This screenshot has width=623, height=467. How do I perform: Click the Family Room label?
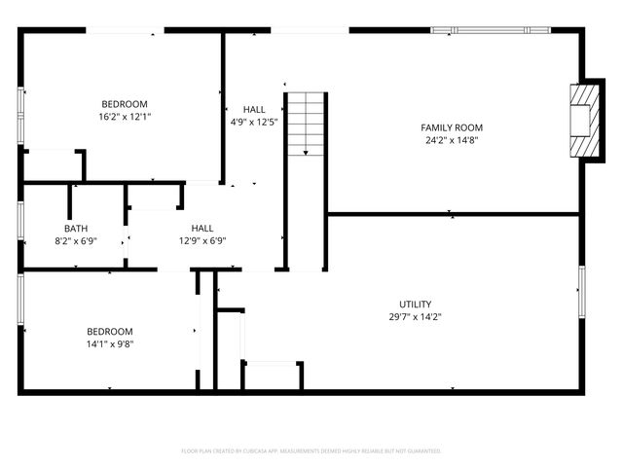click(451, 127)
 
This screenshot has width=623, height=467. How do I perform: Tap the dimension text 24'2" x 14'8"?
click(451, 140)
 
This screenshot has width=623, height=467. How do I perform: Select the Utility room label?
click(415, 304)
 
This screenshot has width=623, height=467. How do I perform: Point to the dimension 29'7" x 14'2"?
click(415, 316)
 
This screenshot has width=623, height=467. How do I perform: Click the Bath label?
click(75, 228)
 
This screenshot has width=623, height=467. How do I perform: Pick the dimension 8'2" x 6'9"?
click(75, 240)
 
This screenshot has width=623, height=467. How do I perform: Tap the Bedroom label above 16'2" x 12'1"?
click(125, 104)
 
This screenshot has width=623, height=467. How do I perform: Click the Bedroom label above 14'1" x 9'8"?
click(109, 331)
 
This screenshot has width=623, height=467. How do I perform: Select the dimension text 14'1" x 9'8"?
click(109, 343)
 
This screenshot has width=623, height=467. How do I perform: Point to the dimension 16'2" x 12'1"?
click(125, 117)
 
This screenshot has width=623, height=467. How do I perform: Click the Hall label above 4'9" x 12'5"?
click(254, 110)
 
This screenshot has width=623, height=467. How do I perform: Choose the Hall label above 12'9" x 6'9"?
click(202, 228)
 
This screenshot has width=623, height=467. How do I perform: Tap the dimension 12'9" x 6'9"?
click(202, 240)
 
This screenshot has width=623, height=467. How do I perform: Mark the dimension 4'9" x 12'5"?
click(254, 123)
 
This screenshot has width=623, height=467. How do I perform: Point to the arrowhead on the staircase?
click(306, 152)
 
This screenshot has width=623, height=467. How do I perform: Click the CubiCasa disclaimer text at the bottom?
click(311, 450)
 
